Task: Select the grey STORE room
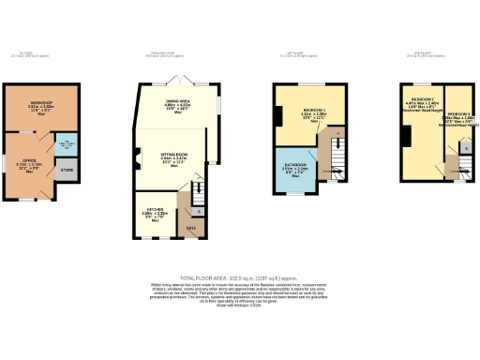[66, 171]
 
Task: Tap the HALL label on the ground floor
[191, 226]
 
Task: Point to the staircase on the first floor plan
[336, 155]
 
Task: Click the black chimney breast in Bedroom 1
[278, 116]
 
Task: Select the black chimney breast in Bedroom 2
[405, 137]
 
